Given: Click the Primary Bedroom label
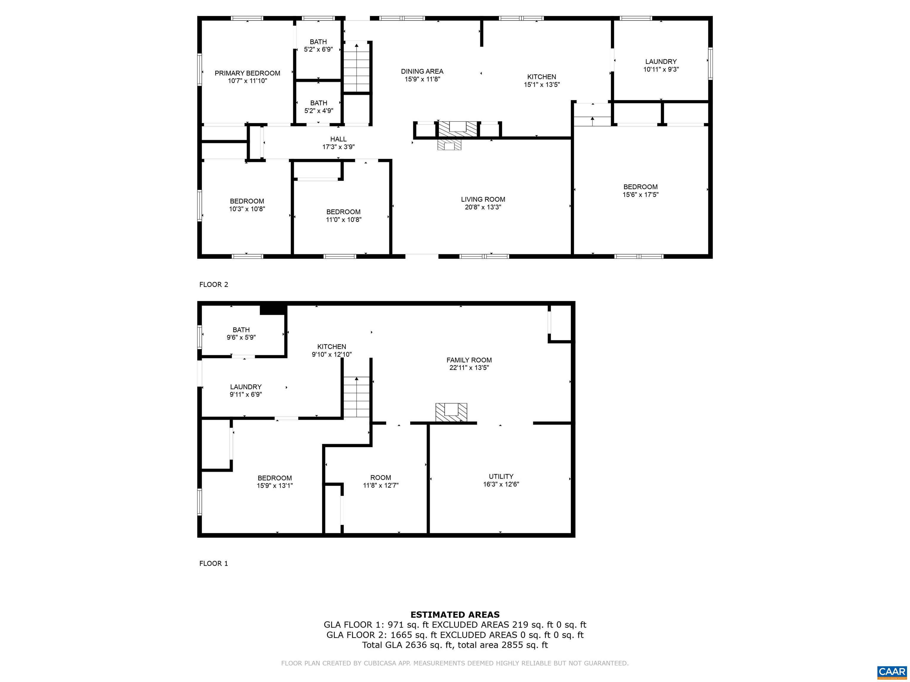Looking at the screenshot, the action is point(247,73).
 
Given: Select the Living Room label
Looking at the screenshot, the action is point(483,200).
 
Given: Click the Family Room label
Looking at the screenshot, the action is point(469,360).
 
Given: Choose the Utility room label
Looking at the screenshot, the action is point(501,477).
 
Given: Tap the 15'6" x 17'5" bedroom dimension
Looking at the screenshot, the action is point(640,195).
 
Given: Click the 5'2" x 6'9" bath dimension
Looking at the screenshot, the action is point(318,50).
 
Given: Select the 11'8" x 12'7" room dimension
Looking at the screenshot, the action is point(381,485).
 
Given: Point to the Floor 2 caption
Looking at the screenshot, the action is point(214,284).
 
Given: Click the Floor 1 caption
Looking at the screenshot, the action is point(214,564).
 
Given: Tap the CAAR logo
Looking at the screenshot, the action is point(892,672).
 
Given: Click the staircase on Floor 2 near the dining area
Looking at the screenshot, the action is point(357,66).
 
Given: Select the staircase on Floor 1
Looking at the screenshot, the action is point(357,397).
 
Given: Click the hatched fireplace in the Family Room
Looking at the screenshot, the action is point(451,412).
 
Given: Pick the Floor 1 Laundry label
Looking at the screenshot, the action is point(246,387).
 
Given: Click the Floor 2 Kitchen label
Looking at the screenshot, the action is point(542,77).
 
